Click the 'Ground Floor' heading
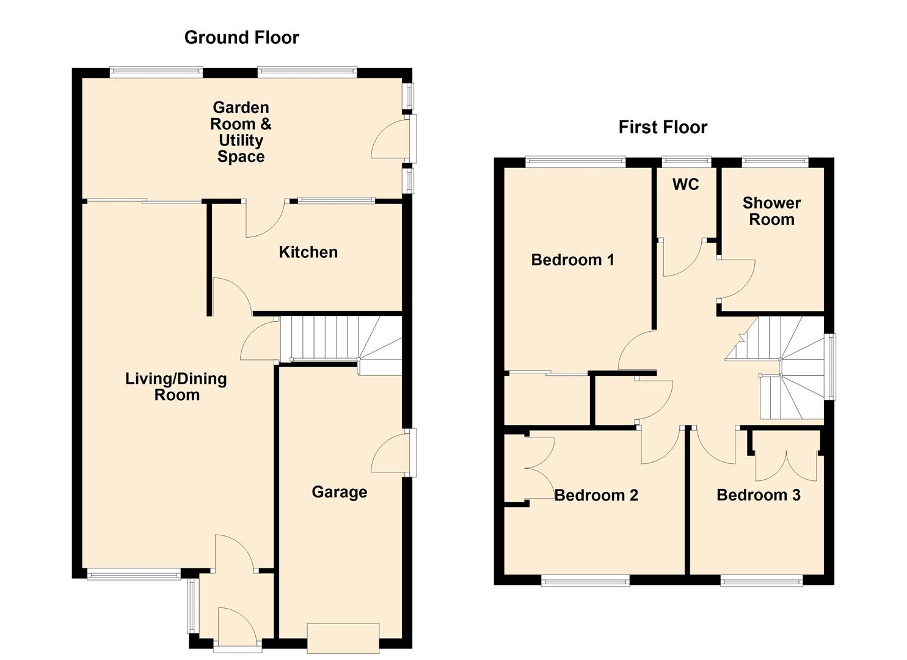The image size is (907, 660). pos(241,38)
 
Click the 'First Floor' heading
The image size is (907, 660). pos(663,127)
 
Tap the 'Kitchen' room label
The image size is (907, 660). pos(308,252)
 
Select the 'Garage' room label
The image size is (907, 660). pos(339,492)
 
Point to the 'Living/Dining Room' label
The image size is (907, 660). pos(176,387)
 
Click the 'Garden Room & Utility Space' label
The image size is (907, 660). pos(241,132)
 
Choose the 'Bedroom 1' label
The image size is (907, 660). pos(572,260)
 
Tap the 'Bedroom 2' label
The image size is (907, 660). pos(596,495)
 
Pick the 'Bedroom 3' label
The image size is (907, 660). pos(758,495)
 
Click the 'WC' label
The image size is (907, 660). pos(685,185)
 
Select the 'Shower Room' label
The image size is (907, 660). pos(771,211)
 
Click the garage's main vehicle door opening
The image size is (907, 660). pos(343,638)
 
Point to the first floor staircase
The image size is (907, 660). pos(782,367)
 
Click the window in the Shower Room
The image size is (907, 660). pos(774,162)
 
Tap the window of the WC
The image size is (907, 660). pos(687,162)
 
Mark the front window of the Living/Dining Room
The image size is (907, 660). pos(134,574)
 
